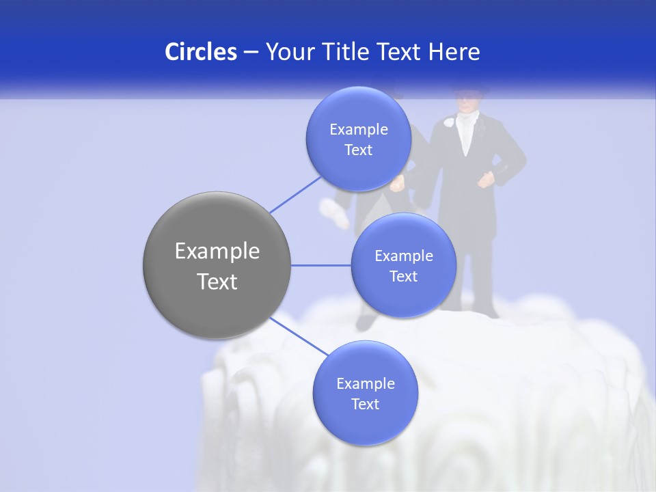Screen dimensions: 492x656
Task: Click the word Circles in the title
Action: [200, 52]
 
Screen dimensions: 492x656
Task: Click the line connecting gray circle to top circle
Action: [295, 194]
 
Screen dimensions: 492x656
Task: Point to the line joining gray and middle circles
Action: [320, 265]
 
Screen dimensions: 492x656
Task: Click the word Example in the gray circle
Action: [217, 251]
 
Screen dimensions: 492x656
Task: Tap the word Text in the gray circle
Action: [217, 282]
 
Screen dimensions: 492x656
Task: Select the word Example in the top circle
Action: [359, 130]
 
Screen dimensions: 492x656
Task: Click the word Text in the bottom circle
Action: [365, 405]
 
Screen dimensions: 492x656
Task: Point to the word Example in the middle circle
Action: [404, 256]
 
